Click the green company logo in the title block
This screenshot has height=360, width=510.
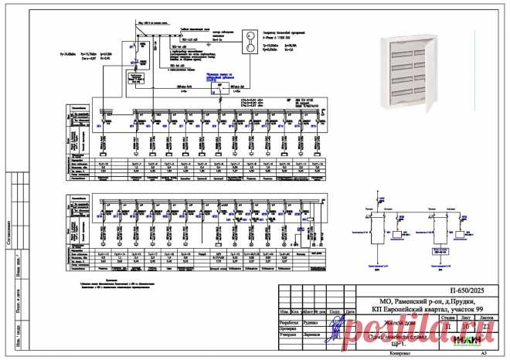point(467,338)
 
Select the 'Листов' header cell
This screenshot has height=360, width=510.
point(487,317)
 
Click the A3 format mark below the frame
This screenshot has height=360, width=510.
point(484,353)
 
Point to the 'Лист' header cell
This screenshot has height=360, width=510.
point(466,317)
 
